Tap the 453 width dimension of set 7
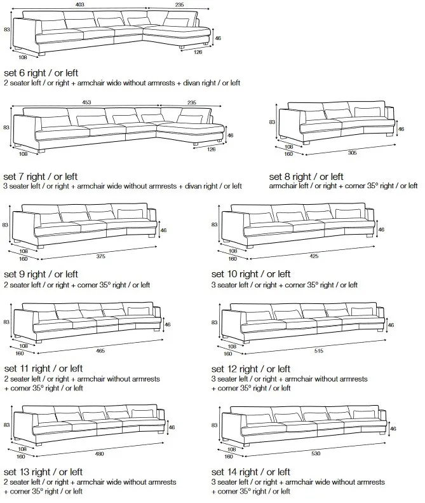[87, 102]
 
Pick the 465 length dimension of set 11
[101, 352]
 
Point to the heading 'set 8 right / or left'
[306, 176]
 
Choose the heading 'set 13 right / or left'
[43, 472]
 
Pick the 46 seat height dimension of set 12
[391, 325]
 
